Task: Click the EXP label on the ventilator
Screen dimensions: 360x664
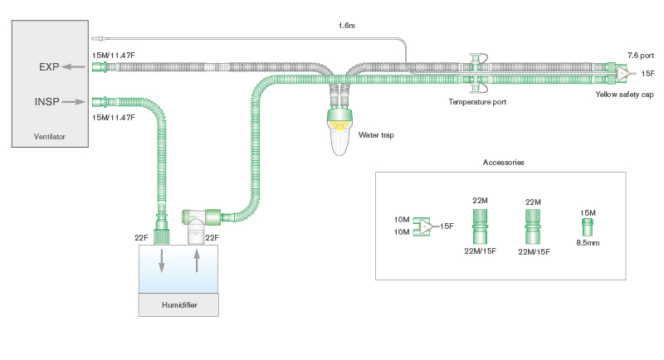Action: tap(48, 66)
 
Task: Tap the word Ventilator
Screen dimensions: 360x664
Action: tap(49, 135)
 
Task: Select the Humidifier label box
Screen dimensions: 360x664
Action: tap(178, 304)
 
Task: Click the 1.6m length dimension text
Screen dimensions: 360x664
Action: tap(347, 26)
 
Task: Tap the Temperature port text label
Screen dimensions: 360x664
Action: tap(476, 101)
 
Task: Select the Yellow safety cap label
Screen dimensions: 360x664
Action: tap(624, 95)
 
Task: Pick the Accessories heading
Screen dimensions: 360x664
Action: tap(503, 163)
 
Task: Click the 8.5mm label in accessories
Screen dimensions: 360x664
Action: tap(588, 242)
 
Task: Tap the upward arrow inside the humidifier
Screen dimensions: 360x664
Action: tap(196, 262)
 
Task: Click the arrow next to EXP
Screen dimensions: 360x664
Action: tap(75, 66)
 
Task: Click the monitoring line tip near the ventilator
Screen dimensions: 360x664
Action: tap(99, 39)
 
